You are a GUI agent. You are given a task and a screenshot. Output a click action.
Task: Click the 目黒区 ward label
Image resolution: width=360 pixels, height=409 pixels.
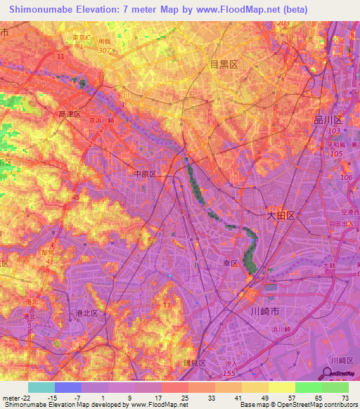coord(224,64)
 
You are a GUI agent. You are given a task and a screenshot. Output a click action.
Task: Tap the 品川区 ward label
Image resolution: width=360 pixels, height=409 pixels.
coord(327,119)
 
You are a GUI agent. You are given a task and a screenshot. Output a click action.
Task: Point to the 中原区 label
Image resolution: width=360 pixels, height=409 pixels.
coord(144,172)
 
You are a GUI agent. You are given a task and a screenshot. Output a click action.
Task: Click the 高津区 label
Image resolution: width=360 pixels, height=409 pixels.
coord(70,113)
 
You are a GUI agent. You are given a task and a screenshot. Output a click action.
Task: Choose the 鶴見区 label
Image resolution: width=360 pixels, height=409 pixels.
coord(194,363)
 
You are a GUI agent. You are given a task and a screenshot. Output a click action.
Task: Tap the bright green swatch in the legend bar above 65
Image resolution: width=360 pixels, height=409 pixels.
coord(308,387)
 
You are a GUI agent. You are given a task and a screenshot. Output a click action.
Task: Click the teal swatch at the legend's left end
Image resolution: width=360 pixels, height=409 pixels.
coord(41,387)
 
